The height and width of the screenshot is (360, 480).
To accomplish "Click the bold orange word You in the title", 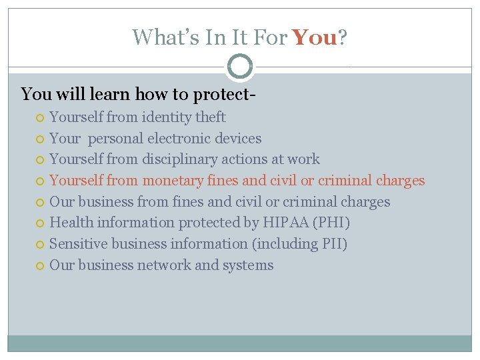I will point(314,37).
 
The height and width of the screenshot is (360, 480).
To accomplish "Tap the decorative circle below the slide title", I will point(240,67).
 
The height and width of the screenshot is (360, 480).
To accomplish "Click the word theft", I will point(211,117).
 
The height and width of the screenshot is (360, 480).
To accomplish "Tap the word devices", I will point(236,139).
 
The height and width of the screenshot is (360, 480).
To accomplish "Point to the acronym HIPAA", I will point(285,223).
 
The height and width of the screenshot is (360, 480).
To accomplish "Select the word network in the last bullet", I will point(164,265).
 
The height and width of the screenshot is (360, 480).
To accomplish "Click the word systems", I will point(248,265).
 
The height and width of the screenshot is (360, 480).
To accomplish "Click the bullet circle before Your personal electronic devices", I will point(40,139).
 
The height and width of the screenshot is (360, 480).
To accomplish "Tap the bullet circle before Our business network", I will point(40,266).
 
